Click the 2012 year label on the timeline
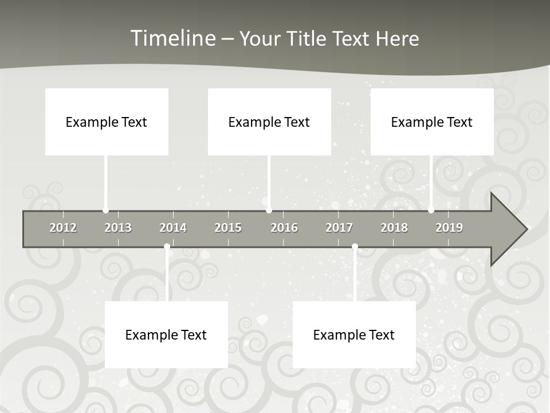pyautogui.click(x=63, y=228)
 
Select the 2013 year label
pyautogui.click(x=118, y=228)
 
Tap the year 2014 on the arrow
pyautogui.click(x=173, y=228)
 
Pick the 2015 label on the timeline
pyautogui.click(x=228, y=228)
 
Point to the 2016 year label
pyautogui.click(x=284, y=228)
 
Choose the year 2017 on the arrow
pyautogui.click(x=339, y=228)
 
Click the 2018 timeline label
pyautogui.click(x=394, y=228)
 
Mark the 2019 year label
pyautogui.click(x=449, y=228)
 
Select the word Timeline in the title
pyautogui.click(x=172, y=38)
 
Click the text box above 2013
pyautogui.click(x=107, y=122)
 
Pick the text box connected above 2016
pyautogui.click(x=269, y=122)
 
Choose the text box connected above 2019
pyautogui.click(x=432, y=122)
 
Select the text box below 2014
pyautogui.click(x=166, y=334)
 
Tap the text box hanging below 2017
pyautogui.click(x=354, y=334)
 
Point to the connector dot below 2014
pyautogui.click(x=167, y=247)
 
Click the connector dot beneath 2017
pyautogui.click(x=355, y=247)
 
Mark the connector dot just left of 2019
pyautogui.click(x=431, y=211)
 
